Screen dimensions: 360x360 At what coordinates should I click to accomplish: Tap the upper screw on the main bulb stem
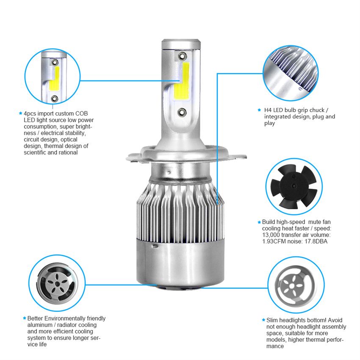[183, 56]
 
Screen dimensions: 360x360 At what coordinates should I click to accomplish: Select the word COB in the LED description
[81, 114]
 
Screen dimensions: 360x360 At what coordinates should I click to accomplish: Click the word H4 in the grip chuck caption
[268, 110]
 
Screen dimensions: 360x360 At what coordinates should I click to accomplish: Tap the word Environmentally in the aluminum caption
[65, 318]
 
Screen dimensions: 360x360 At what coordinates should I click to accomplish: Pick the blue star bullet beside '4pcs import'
[21, 113]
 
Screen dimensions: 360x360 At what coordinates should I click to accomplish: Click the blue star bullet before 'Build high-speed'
[259, 222]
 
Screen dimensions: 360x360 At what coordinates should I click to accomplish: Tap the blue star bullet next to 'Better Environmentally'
[24, 318]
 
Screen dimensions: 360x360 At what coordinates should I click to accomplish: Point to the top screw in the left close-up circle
[55, 62]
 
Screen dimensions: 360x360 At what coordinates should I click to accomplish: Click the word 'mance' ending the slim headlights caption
[275, 346]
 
